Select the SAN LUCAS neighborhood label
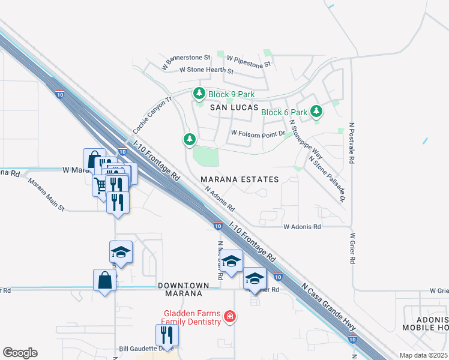(x=234, y=107)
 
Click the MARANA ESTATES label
(x=240, y=179)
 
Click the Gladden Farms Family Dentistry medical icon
(x=229, y=316)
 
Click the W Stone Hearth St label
(x=206, y=70)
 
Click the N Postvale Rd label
(x=350, y=145)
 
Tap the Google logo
(x=20, y=352)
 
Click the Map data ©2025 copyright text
(x=424, y=355)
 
